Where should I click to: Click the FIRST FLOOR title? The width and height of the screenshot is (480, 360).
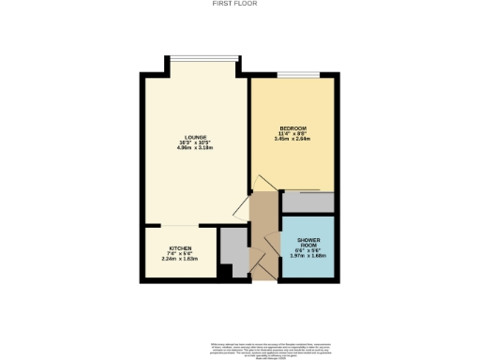(239, 4)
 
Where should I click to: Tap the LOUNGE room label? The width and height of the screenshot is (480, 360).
(197, 137)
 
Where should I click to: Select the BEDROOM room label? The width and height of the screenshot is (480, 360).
(293, 127)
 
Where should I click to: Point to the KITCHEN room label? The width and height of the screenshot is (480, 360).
(181, 248)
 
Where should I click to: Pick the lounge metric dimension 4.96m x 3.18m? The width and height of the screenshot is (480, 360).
(197, 148)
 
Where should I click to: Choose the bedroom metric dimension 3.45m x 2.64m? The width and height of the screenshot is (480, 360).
(293, 139)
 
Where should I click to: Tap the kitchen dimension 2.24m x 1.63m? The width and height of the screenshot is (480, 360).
(181, 260)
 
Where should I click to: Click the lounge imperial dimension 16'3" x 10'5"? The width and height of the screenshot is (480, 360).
(197, 142)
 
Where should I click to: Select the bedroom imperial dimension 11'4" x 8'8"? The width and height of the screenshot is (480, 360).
(293, 133)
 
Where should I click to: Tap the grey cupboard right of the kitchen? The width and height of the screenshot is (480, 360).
(232, 246)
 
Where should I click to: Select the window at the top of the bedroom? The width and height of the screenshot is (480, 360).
(300, 72)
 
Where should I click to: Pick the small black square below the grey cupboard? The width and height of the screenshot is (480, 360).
(225, 272)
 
